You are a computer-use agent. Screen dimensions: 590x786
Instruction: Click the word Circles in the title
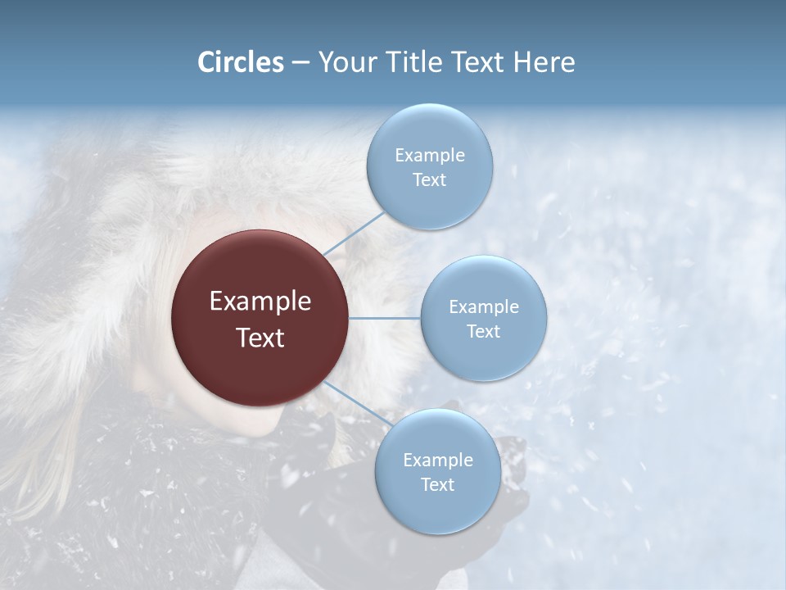[x=240, y=62]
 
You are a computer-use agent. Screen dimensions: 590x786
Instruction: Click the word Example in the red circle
[x=260, y=302]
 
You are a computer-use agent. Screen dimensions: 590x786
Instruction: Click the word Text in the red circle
[x=260, y=338]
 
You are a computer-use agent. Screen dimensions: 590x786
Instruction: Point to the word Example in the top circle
[x=429, y=155]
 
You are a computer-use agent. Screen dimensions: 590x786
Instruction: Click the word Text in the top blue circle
[x=429, y=179]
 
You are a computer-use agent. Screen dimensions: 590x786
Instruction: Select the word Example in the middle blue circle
[x=483, y=306]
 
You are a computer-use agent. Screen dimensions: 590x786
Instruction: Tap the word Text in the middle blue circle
[x=483, y=331]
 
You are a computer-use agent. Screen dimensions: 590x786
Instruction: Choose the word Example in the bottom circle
[x=437, y=460]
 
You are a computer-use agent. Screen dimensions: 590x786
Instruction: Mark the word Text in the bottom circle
[x=437, y=484]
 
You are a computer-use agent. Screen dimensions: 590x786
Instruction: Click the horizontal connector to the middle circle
[x=385, y=318]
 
